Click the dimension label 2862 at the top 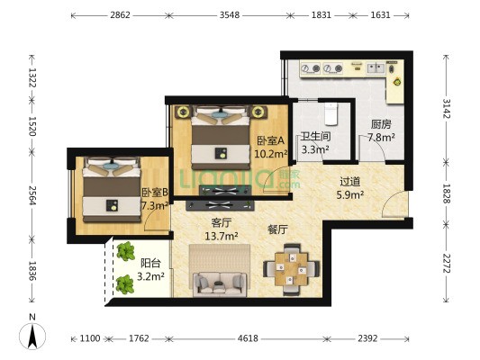(120, 15)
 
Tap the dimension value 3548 (230, 15)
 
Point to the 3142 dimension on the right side (446, 109)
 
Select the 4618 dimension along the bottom (248, 338)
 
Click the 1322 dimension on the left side (32, 77)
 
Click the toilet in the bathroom (331, 114)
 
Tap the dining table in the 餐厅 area (291, 269)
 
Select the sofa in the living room (220, 284)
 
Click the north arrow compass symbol (32, 336)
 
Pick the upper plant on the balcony (125, 251)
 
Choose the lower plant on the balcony (125, 284)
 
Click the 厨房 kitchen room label (381, 124)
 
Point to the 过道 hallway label (350, 182)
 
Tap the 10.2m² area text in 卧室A (271, 153)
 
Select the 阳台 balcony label (150, 264)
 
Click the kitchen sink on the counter (376, 68)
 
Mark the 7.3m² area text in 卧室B (155, 205)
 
